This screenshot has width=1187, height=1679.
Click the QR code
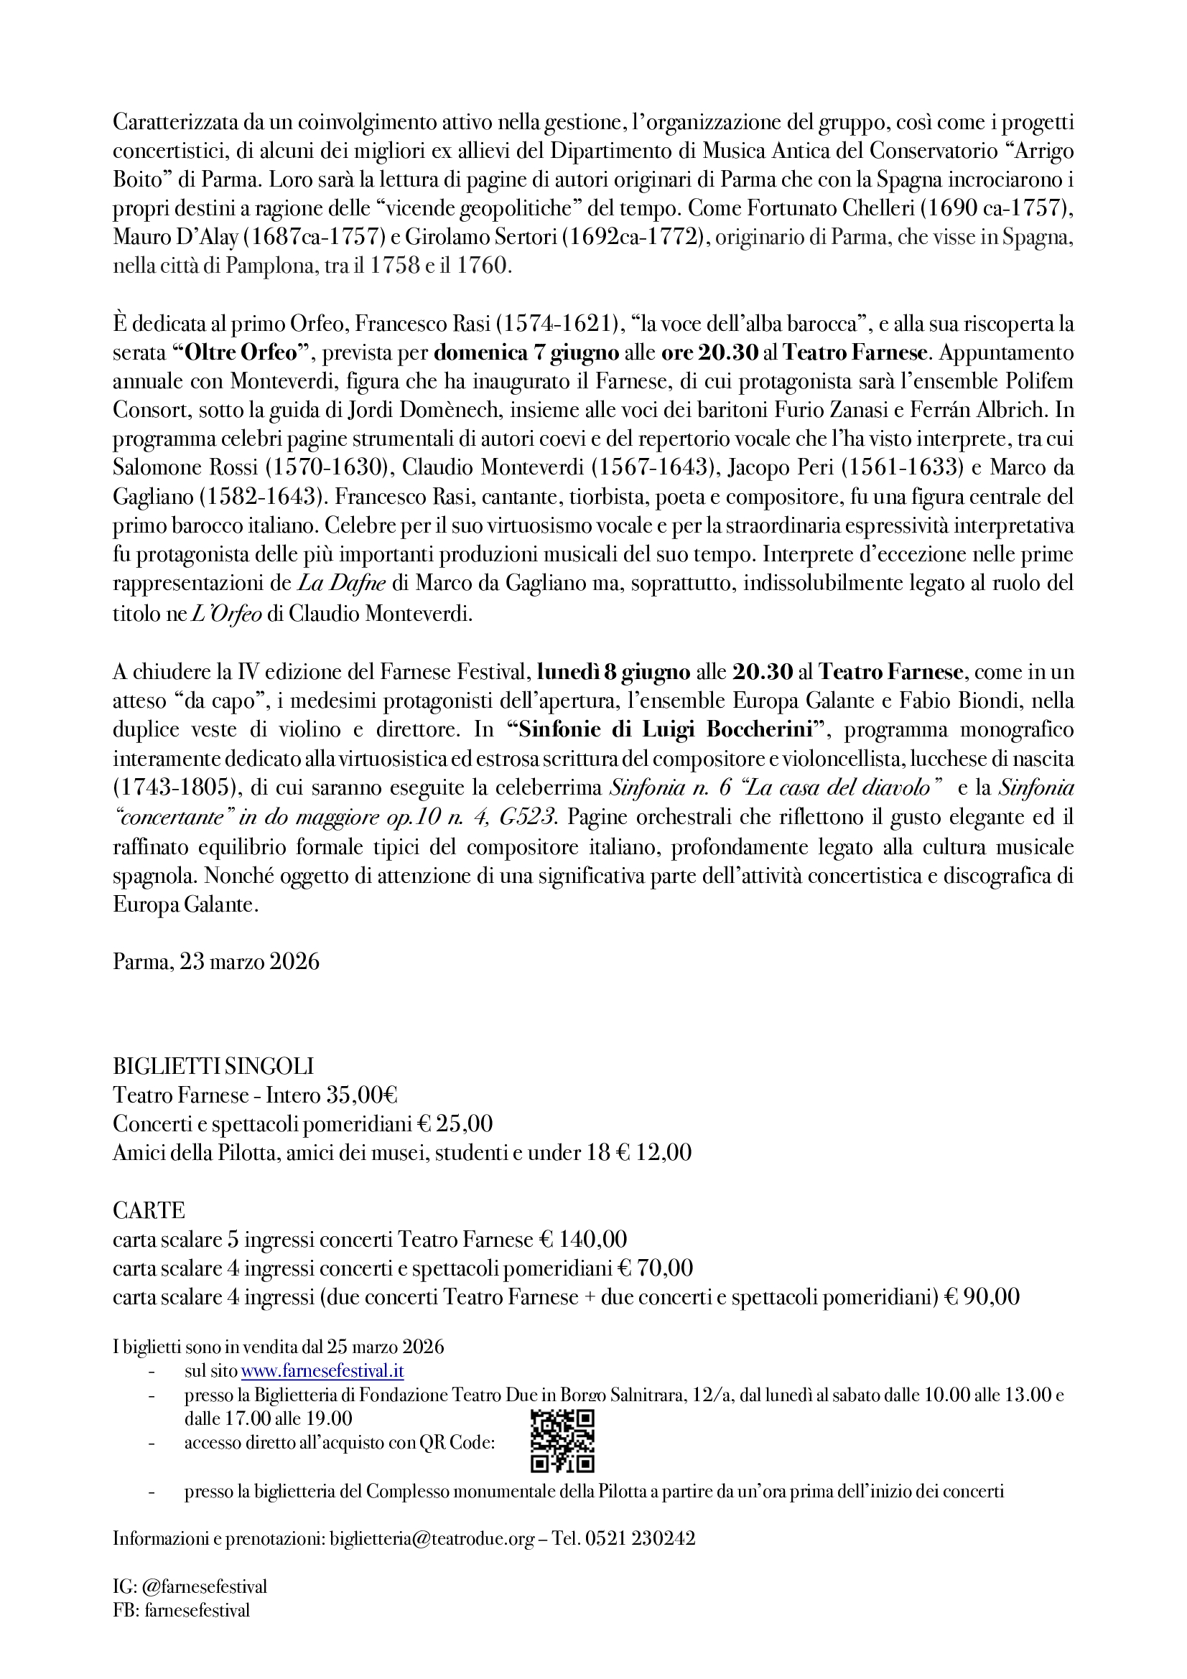pyautogui.click(x=562, y=1441)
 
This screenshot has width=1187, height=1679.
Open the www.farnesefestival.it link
pyautogui.click(x=322, y=1371)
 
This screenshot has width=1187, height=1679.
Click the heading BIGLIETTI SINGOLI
pyautogui.click(x=213, y=1066)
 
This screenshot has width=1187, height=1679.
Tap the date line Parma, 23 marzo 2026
pyautogui.click(x=216, y=961)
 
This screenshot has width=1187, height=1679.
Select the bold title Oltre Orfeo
pyautogui.click(x=238, y=352)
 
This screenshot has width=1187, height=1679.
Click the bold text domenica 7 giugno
pyautogui.click(x=526, y=352)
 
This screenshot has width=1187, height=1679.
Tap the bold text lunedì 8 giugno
pyautogui.click(x=614, y=671)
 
